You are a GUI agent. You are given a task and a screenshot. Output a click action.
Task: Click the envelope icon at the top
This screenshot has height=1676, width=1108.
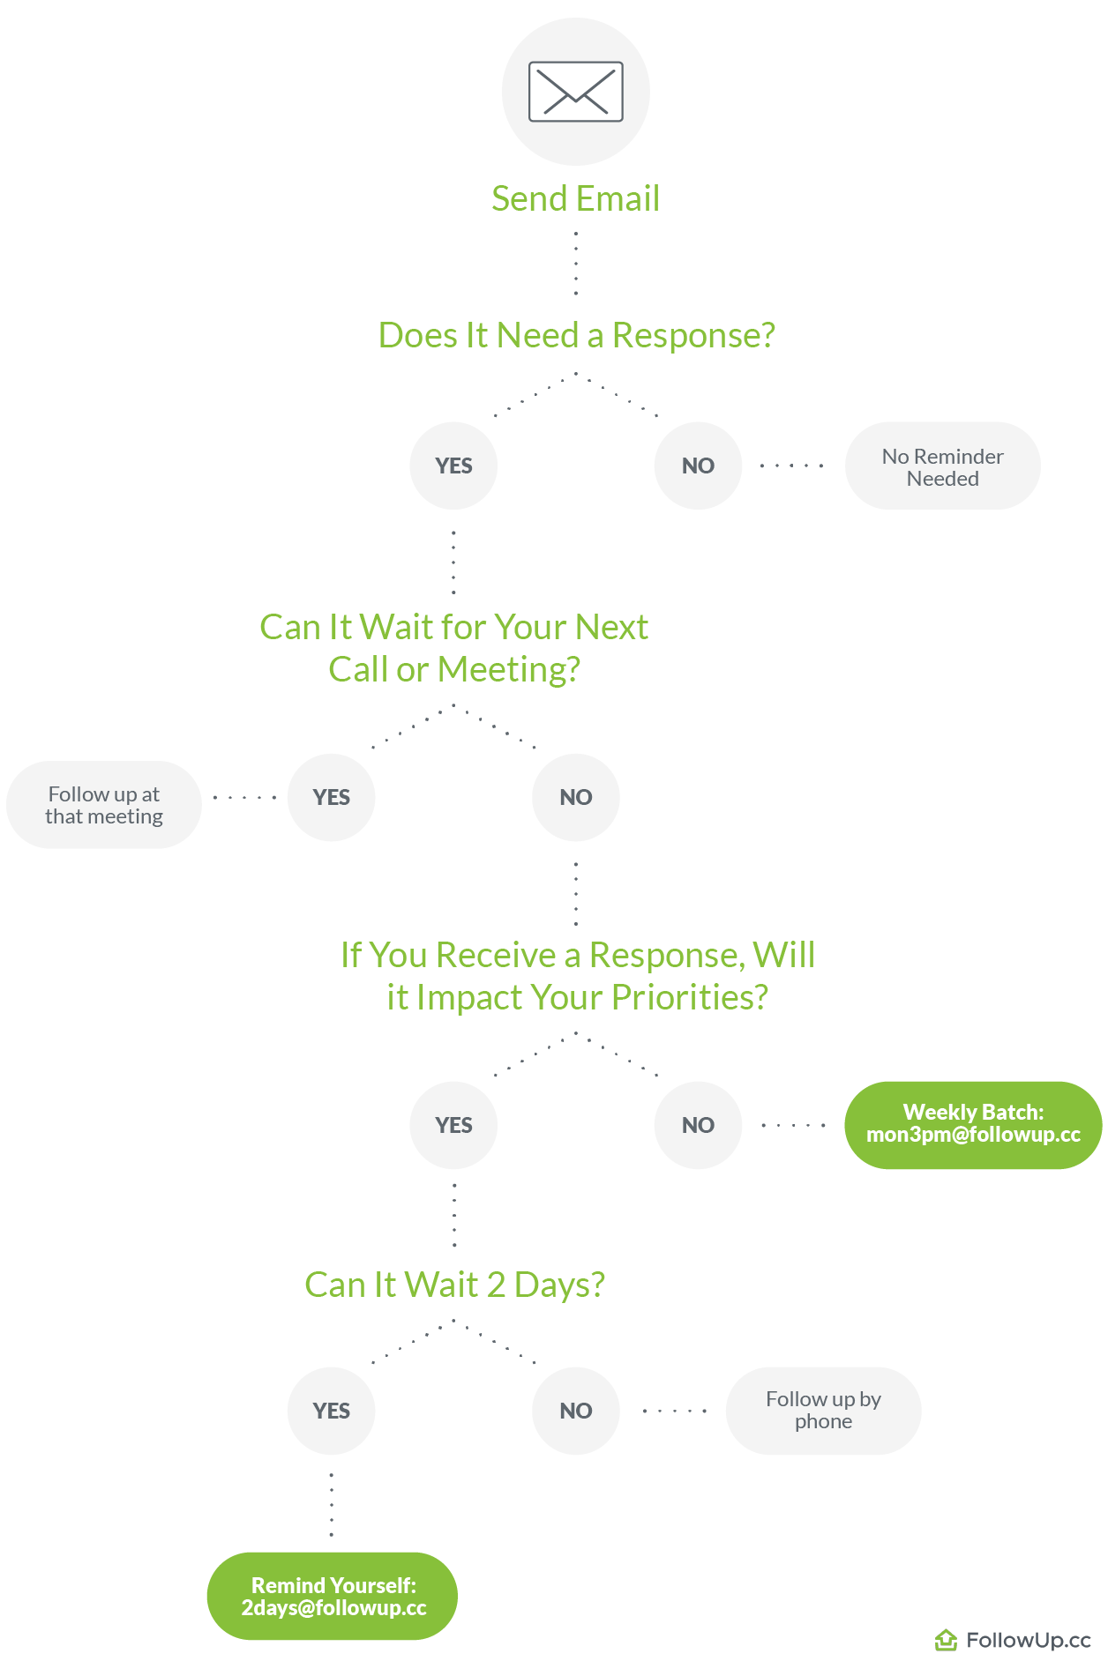(575, 91)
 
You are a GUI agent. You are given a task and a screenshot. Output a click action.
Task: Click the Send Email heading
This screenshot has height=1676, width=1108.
(575, 198)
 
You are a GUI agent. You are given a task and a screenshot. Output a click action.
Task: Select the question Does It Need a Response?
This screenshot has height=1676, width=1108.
(576, 335)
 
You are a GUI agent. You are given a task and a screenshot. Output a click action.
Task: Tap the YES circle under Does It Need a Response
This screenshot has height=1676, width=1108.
(453, 466)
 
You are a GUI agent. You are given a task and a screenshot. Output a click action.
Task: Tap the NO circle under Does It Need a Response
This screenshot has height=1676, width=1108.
(698, 466)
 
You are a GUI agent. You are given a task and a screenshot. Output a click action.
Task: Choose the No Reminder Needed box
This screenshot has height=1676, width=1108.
(942, 466)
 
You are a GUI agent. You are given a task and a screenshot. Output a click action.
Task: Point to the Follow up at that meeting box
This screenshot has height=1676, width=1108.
(104, 805)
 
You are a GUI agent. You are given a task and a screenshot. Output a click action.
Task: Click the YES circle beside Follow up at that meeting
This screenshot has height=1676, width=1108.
(331, 797)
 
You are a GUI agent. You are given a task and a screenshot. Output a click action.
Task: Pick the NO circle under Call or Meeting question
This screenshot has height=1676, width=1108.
(575, 797)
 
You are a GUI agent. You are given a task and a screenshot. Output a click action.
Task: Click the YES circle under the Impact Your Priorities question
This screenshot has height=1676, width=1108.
(453, 1125)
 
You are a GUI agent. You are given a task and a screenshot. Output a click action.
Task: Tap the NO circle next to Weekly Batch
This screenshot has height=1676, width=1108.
(698, 1125)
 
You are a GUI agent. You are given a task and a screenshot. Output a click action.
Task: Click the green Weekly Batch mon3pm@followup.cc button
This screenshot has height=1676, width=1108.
(973, 1125)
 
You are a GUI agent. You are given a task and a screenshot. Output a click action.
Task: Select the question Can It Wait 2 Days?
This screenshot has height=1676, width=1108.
(454, 1285)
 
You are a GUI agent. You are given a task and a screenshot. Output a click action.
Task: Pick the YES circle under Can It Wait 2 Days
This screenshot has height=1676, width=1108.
(331, 1411)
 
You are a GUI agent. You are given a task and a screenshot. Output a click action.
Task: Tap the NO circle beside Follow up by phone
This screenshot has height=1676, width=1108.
(575, 1411)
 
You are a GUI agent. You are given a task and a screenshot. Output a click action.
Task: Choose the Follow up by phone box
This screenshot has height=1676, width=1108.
(823, 1411)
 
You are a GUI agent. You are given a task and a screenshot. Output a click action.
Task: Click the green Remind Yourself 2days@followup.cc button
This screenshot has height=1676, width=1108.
(333, 1596)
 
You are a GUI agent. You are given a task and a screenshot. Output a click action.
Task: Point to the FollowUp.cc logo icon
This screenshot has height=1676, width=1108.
(946, 1640)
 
